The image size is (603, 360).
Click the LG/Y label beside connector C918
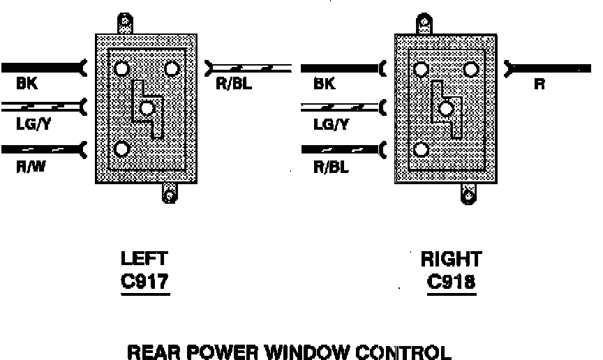[x=331, y=125]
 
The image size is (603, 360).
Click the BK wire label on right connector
[x=325, y=85]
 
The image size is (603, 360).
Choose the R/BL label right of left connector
[x=234, y=85]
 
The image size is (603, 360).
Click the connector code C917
[x=145, y=283]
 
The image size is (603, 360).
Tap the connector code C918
[x=451, y=283]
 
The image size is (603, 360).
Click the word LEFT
[x=144, y=260]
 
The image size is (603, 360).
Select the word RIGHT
[x=451, y=260]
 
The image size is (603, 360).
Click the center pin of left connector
[x=147, y=108]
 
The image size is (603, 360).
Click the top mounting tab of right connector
[x=425, y=24]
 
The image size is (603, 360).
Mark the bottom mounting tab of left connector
[x=168, y=193]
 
